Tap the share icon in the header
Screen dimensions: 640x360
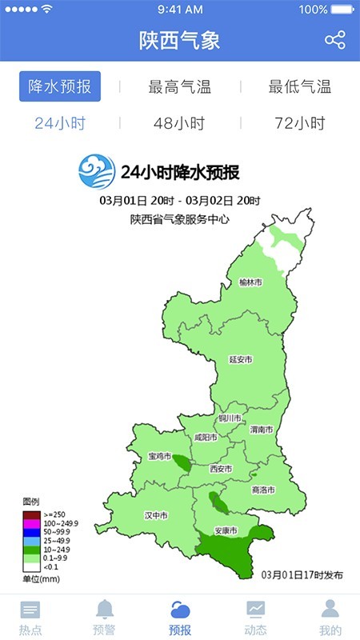click(x=334, y=40)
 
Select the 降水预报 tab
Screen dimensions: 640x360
click(x=60, y=87)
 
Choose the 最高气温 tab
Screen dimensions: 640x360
click(x=180, y=87)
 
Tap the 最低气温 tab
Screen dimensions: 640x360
click(x=299, y=87)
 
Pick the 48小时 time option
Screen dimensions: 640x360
click(x=180, y=123)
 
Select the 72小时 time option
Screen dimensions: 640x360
click(x=299, y=123)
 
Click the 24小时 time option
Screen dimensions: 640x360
click(x=60, y=123)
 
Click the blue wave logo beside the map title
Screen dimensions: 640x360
click(x=97, y=170)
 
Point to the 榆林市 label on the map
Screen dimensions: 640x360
click(x=250, y=282)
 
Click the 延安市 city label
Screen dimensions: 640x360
click(x=240, y=360)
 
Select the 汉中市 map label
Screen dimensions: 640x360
click(x=155, y=515)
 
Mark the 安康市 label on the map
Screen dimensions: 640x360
click(x=227, y=530)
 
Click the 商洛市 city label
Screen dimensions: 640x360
click(x=263, y=490)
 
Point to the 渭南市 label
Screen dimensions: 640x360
click(x=261, y=430)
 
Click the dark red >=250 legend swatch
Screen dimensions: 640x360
click(x=31, y=514)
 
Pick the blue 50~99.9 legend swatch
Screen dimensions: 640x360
click(x=31, y=532)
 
